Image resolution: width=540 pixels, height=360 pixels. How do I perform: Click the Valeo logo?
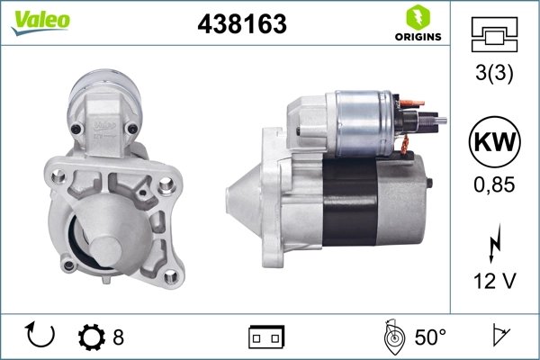35,21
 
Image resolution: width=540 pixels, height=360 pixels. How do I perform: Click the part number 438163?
241,25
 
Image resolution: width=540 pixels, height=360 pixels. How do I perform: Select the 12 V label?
493,282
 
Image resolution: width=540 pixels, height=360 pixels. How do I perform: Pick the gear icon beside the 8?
92,337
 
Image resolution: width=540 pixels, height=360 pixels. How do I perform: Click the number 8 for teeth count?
118,337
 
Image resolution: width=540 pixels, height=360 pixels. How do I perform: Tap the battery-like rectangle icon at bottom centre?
265,337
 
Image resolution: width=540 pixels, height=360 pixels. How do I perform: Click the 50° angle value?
429,337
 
